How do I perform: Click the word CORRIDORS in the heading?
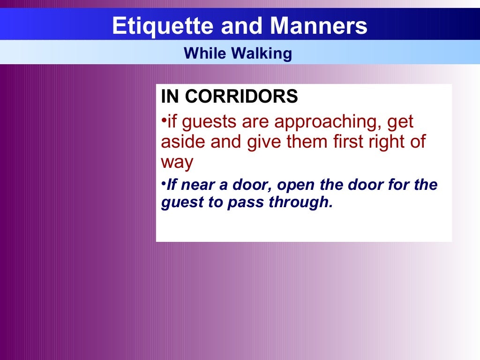coord(241,97)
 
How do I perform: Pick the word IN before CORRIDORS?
coord(170,97)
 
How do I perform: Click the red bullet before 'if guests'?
coord(164,120)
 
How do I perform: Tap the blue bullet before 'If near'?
coord(164,182)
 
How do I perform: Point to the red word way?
coord(177,163)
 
